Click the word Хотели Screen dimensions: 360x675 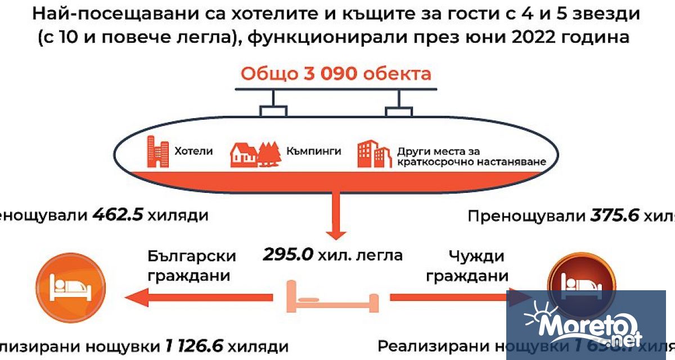[x=194, y=151]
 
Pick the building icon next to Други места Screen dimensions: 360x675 [x=373, y=154]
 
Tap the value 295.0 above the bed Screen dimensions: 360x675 [x=287, y=255]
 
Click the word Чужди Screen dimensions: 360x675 [x=476, y=256]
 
